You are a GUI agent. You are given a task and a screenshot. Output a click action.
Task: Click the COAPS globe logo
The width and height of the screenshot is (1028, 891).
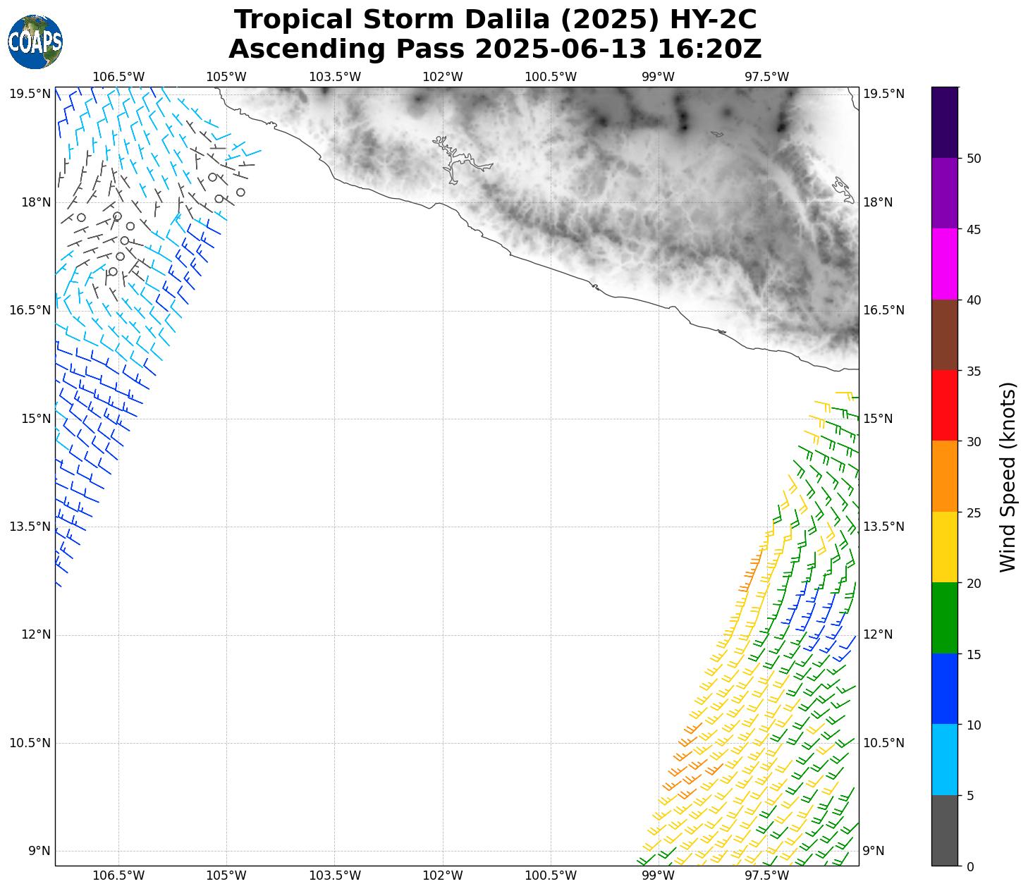[x=35, y=42]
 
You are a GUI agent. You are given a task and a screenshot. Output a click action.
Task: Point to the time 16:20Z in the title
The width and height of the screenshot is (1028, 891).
[x=709, y=49]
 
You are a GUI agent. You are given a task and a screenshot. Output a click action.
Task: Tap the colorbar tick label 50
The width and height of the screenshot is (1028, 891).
[x=974, y=159]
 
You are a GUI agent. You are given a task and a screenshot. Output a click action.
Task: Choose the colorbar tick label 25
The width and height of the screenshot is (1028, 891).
[x=974, y=512]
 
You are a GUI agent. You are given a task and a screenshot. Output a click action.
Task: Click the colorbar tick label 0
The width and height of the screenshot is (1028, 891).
[x=970, y=866]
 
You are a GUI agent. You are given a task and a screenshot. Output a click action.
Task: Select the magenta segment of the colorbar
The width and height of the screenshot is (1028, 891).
[x=945, y=264]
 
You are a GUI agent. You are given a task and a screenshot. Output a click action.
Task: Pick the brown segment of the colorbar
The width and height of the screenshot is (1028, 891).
[x=945, y=335]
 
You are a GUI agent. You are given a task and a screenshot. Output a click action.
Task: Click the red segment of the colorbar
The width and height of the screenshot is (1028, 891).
[x=945, y=405]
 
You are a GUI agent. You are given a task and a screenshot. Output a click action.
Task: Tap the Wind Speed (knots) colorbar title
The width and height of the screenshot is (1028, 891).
[x=1009, y=477]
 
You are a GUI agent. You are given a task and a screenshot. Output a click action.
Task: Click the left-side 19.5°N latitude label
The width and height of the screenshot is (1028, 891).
[x=30, y=94]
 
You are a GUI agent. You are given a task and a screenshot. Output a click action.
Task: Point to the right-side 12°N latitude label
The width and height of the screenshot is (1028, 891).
[x=878, y=634]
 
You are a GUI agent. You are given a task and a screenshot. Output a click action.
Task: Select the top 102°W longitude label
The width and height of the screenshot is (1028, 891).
[x=443, y=77]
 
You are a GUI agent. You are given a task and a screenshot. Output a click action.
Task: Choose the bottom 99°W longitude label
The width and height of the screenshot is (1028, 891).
[x=659, y=875]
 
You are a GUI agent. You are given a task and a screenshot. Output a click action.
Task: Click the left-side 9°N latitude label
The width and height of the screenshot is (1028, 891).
[x=39, y=851]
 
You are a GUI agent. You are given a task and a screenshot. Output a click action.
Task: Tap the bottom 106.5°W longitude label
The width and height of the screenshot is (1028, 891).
[x=118, y=875]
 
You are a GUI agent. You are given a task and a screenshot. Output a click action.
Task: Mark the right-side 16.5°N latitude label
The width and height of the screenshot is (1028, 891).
[x=883, y=310]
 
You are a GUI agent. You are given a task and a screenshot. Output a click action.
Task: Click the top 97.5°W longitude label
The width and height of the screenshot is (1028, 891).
[x=767, y=77]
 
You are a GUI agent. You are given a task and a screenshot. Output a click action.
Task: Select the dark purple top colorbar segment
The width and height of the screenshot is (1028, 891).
[x=945, y=122]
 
